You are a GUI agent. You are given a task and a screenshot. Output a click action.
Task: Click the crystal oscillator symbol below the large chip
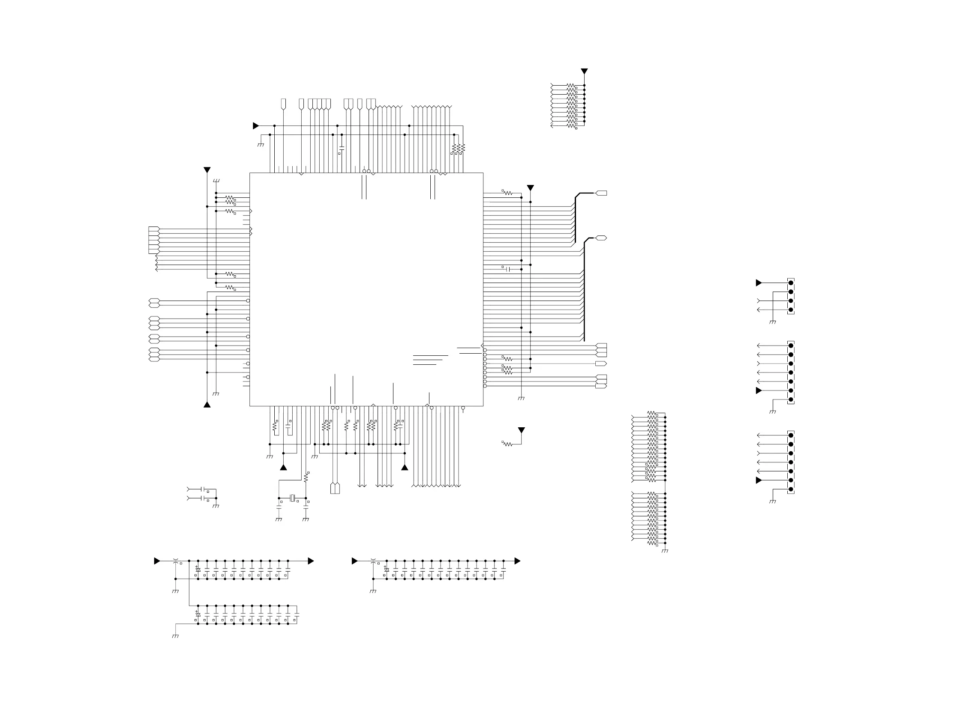(292, 498)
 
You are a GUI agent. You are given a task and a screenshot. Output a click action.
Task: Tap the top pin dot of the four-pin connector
(790, 283)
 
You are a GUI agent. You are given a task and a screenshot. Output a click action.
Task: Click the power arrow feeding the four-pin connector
(759, 283)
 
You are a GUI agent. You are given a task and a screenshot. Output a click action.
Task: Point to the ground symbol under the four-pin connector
(772, 322)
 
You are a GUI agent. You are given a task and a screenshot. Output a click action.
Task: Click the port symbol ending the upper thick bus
(601, 193)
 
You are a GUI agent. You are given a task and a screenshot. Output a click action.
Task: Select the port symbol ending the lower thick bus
(601, 238)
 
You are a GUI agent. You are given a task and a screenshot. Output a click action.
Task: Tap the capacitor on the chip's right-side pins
(507, 269)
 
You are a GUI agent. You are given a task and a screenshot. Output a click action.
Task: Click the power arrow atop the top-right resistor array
(584, 71)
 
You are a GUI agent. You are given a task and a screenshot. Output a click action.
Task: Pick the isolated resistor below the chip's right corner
(507, 444)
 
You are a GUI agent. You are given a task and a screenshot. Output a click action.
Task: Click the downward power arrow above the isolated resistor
(521, 430)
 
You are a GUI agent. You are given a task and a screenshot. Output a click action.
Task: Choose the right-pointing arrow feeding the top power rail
(256, 126)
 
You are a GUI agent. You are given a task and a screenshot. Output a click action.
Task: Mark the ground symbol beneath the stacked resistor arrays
(665, 551)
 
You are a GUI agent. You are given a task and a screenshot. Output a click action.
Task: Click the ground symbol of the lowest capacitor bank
(175, 636)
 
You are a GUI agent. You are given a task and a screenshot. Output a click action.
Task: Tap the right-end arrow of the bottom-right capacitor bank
(517, 561)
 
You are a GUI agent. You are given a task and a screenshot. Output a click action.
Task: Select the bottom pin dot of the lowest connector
(790, 489)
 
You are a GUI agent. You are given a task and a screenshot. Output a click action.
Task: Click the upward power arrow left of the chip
(207, 405)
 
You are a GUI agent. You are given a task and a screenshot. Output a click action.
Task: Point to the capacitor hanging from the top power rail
(342, 149)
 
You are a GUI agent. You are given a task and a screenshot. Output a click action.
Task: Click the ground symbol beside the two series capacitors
(216, 506)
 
